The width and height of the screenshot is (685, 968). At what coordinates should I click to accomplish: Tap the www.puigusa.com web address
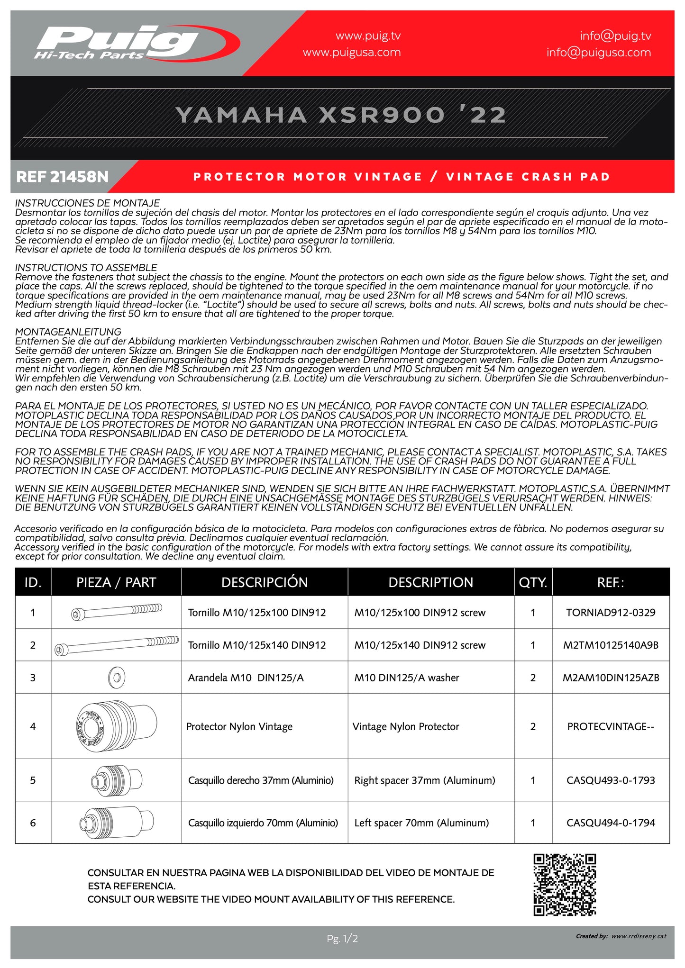click(x=352, y=53)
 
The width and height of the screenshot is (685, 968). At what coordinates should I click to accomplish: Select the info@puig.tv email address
click(x=615, y=36)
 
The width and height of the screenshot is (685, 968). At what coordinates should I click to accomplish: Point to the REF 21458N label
click(x=63, y=177)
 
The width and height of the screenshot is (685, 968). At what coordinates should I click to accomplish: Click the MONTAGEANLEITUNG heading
click(x=68, y=332)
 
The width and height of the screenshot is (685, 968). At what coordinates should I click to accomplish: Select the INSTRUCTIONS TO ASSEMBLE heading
click(x=86, y=268)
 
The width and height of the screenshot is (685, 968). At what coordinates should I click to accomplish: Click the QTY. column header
click(x=533, y=582)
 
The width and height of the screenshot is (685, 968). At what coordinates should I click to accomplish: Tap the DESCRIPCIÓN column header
click(x=265, y=582)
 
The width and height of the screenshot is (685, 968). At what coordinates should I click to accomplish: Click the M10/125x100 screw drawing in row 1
click(x=116, y=612)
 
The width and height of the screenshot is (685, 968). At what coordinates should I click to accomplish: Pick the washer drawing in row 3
click(x=117, y=678)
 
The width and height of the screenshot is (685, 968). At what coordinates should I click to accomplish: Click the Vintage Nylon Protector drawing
click(x=116, y=726)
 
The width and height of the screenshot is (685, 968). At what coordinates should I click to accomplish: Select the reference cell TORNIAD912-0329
click(x=611, y=613)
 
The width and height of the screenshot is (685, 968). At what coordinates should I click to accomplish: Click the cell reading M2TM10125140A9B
click(x=611, y=645)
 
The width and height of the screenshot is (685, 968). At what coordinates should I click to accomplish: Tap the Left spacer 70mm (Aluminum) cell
click(x=421, y=823)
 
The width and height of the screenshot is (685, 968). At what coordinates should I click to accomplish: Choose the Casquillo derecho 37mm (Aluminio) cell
click(x=261, y=780)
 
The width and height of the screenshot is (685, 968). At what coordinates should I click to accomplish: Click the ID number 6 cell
click(x=33, y=823)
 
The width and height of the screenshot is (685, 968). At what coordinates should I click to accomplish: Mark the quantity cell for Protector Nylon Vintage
click(x=533, y=726)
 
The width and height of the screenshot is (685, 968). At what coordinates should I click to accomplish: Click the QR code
click(x=565, y=885)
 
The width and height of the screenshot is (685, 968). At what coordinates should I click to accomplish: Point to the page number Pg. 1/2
click(x=342, y=938)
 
